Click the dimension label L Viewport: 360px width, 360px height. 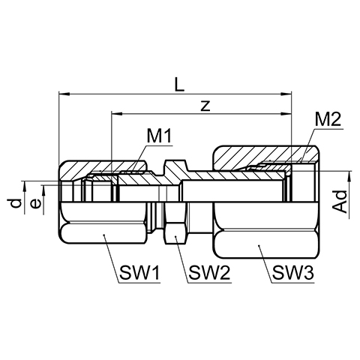pyautogui.click(x=179, y=84)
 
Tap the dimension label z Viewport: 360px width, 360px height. pyautogui.click(x=205, y=106)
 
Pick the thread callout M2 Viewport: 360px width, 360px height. pyautogui.click(x=328, y=120)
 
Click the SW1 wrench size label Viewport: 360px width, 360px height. pyautogui.click(x=139, y=272)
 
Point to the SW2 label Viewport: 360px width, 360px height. pyautogui.click(x=209, y=272)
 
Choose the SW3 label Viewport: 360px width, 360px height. pyautogui.click(x=292, y=272)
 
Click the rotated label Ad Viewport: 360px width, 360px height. pyautogui.click(x=340, y=202)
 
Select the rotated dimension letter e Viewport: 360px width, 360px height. pyautogui.click(x=35, y=204)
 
